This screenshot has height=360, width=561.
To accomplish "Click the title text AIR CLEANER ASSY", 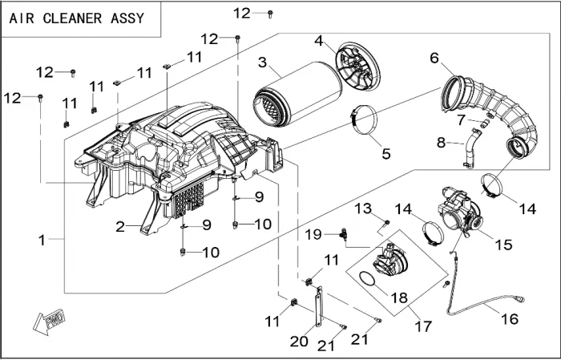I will pyautogui.click(x=77, y=18).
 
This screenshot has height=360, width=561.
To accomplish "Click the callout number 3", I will pyautogui.click(x=262, y=62).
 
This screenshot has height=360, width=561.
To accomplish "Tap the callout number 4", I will pyautogui.click(x=319, y=40).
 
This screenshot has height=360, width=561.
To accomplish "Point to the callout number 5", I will pyautogui.click(x=385, y=152).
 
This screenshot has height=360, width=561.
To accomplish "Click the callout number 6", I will pyautogui.click(x=434, y=59).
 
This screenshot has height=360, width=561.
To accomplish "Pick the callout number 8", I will pyautogui.click(x=441, y=143).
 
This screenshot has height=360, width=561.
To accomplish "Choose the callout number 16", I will pyautogui.click(x=510, y=318).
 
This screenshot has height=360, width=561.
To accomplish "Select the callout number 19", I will pyautogui.click(x=314, y=234).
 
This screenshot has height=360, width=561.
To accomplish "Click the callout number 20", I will pyautogui.click(x=299, y=341).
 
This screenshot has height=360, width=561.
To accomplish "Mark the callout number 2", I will pyautogui.click(x=120, y=227).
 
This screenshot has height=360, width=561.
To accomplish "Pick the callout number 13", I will pyautogui.click(x=363, y=209).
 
